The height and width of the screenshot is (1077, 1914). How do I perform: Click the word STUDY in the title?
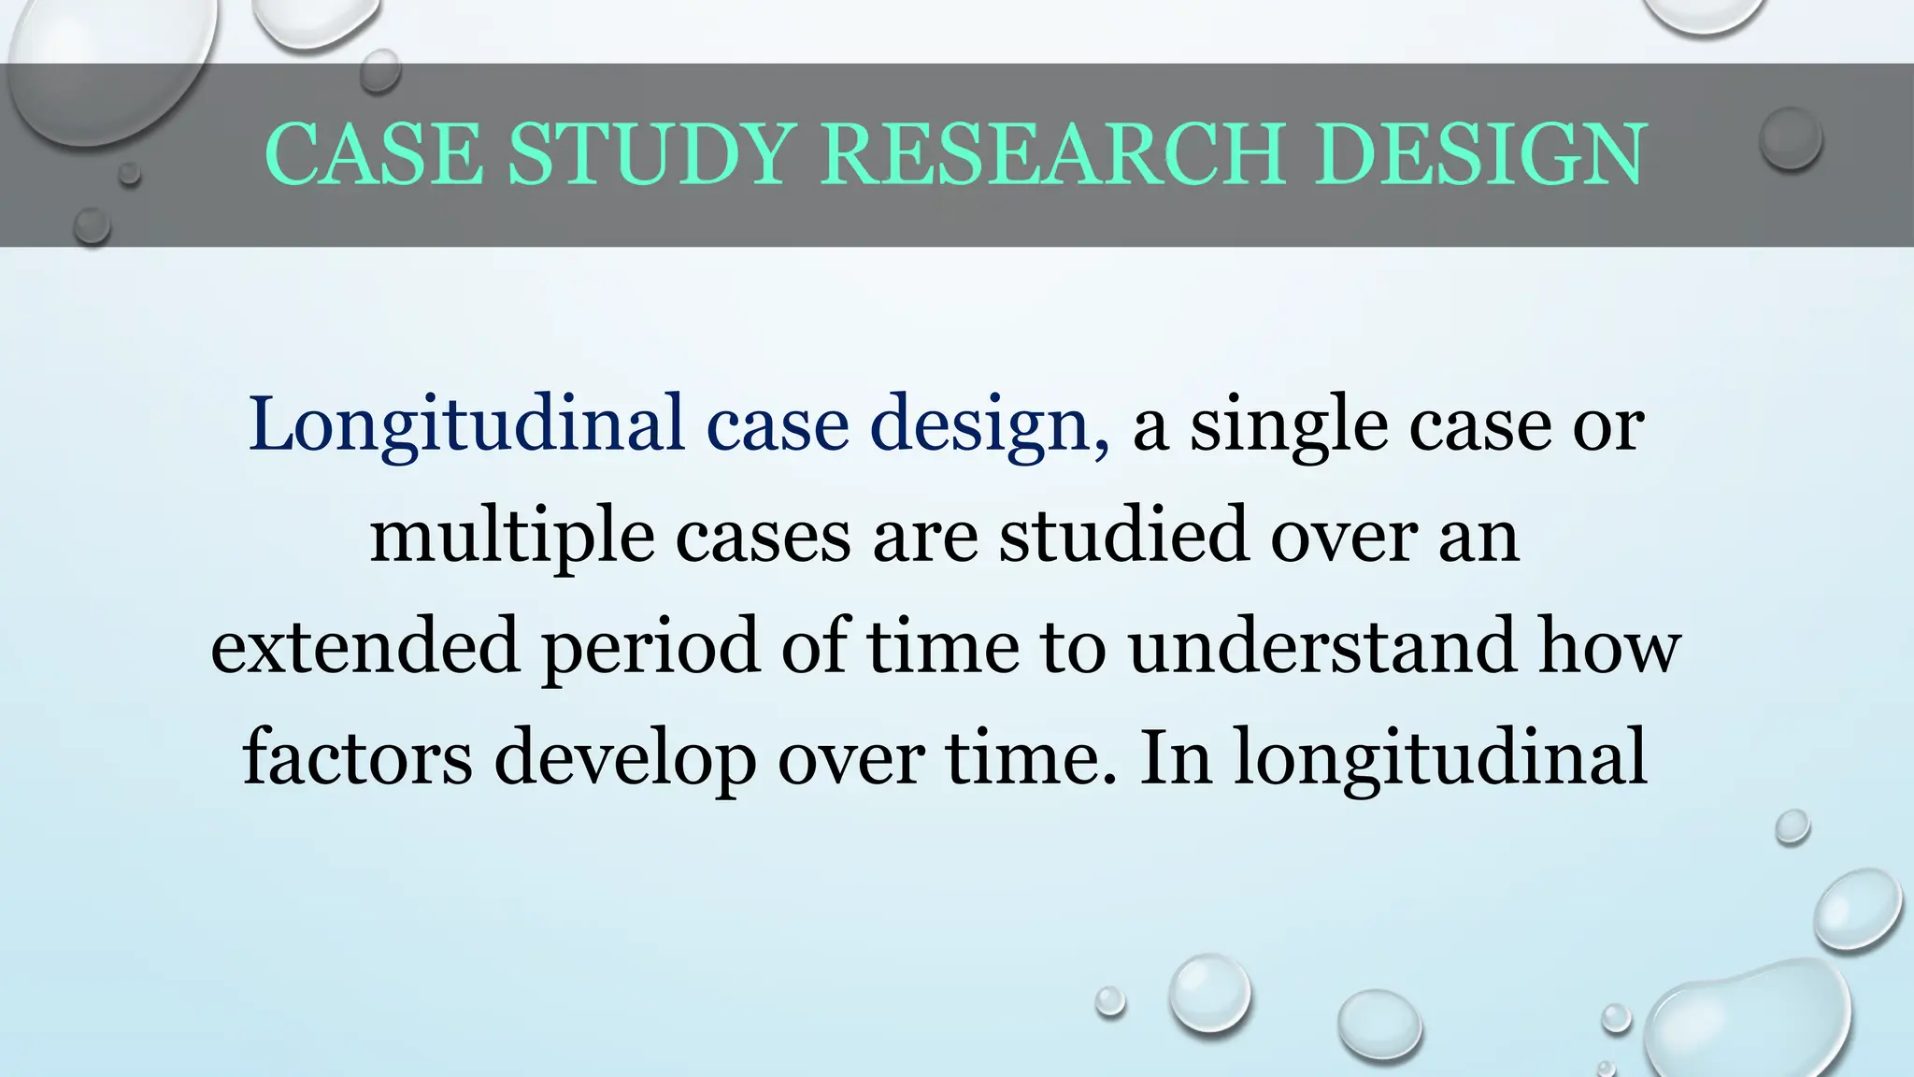coord(651,154)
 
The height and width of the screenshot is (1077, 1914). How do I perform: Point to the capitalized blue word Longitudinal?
coord(466,425)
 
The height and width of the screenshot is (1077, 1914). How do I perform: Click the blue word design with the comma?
coord(990,425)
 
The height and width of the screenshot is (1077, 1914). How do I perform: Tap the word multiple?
coord(511,536)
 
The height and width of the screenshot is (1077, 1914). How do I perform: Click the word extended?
coord(364,646)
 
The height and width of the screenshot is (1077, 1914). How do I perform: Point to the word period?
coord(650,648)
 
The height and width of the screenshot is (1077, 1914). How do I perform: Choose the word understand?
coord(1321,646)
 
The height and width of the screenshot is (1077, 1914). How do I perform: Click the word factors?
coord(357,757)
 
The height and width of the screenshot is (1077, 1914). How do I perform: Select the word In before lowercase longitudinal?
coord(1176,757)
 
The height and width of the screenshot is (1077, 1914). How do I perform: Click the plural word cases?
coord(763,536)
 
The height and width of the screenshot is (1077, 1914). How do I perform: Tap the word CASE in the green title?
coord(374,154)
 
